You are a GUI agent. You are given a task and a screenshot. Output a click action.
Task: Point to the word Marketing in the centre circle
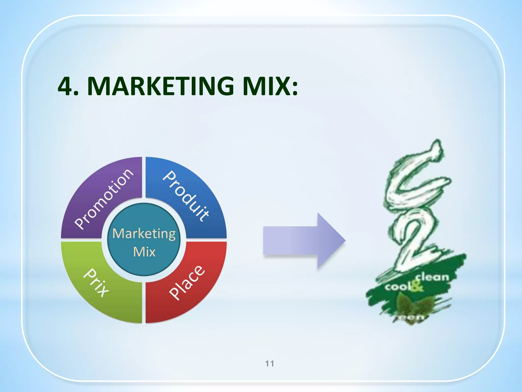pyautogui.click(x=144, y=234)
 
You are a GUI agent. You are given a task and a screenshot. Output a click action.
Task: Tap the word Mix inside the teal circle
pyautogui.click(x=144, y=252)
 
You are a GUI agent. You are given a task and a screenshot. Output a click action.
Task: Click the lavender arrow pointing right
pyautogui.click(x=303, y=240)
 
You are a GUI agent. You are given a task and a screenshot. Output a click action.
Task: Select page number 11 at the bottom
pyautogui.click(x=270, y=363)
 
